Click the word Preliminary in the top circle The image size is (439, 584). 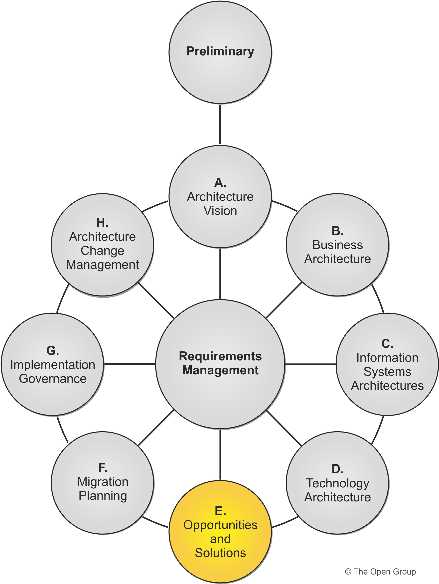(220, 51)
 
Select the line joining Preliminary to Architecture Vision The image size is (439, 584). (220, 124)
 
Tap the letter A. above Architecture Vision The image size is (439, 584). (220, 183)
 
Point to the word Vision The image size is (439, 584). (220, 211)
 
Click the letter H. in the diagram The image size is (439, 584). (102, 223)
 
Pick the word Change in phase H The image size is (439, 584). (102, 251)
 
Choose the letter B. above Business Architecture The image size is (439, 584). (337, 231)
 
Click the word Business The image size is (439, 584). (337, 245)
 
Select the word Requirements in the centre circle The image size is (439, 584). (220, 356)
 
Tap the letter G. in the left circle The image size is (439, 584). (52, 351)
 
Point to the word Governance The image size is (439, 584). (52, 379)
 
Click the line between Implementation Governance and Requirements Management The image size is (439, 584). (129, 364)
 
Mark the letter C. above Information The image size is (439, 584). (387, 344)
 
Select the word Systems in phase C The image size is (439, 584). (387, 372)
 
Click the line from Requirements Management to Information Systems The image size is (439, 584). (310, 364)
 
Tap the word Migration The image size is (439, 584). (103, 482)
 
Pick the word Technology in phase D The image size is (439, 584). (337, 483)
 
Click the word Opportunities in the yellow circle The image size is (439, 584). (220, 525)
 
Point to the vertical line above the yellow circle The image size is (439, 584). (220, 454)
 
